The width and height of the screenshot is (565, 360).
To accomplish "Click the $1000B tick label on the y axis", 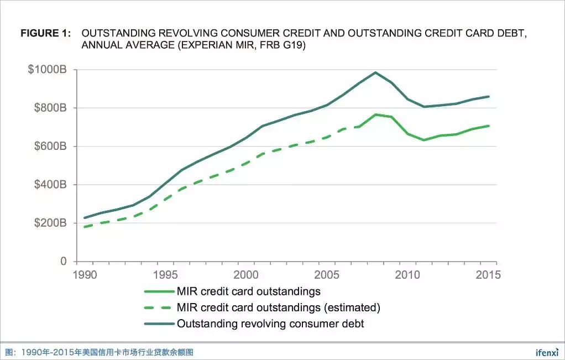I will click(48, 70).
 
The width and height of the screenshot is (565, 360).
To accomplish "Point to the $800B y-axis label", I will click(50, 108).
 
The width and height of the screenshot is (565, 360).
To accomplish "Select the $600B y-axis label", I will click(50, 147).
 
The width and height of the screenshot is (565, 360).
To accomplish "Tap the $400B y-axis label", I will click(50, 185).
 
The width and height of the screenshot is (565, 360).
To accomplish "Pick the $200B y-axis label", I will click(50, 223).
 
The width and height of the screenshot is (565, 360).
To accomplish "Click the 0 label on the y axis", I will click(63, 261).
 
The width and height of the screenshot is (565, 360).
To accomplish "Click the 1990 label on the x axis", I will click(84, 274).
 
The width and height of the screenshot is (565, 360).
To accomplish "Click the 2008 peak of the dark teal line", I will click(375, 72).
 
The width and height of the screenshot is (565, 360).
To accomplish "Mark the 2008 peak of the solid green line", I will click(375, 114).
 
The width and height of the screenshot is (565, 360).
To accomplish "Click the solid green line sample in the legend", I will click(159, 291).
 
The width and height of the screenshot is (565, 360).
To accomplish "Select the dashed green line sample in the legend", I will click(159, 307).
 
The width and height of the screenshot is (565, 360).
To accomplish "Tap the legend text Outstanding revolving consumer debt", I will click(270, 324).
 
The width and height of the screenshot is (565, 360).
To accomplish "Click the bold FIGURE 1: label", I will click(46, 33).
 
